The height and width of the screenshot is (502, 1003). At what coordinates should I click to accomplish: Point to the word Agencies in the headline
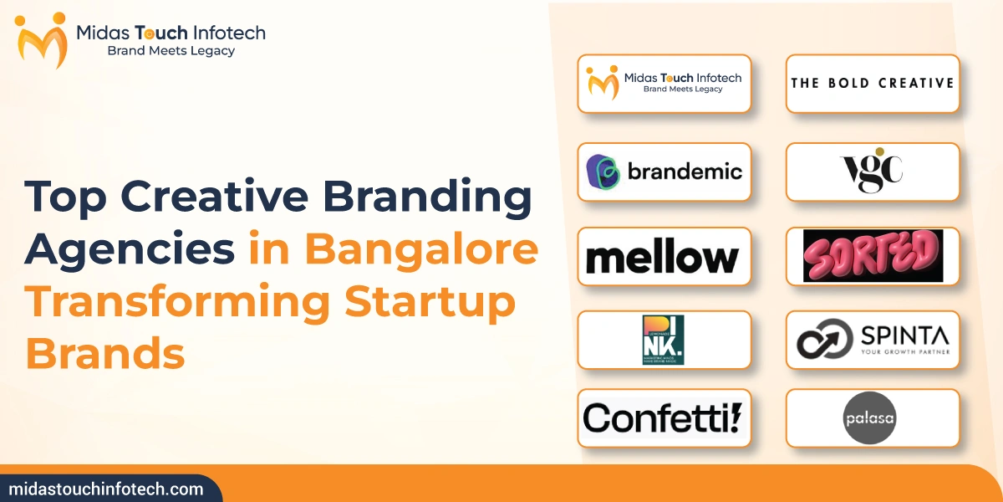pos(130,251)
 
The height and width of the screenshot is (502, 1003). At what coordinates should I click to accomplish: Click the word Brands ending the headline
pos(105,355)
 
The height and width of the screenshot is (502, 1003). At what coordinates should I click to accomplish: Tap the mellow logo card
pos(663,258)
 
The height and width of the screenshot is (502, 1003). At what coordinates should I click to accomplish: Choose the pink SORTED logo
pos(872,255)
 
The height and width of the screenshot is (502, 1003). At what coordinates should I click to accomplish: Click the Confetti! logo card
pos(663,417)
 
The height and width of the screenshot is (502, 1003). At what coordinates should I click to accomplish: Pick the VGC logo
pos(871,172)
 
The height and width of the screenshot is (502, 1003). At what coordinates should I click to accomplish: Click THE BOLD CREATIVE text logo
pos(872,83)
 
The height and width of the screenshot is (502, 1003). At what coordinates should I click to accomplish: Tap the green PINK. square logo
pos(664,340)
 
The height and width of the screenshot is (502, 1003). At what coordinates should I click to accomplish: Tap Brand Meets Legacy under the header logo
pos(171,51)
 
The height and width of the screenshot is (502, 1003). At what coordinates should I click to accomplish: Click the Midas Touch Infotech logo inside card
pos(664,83)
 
